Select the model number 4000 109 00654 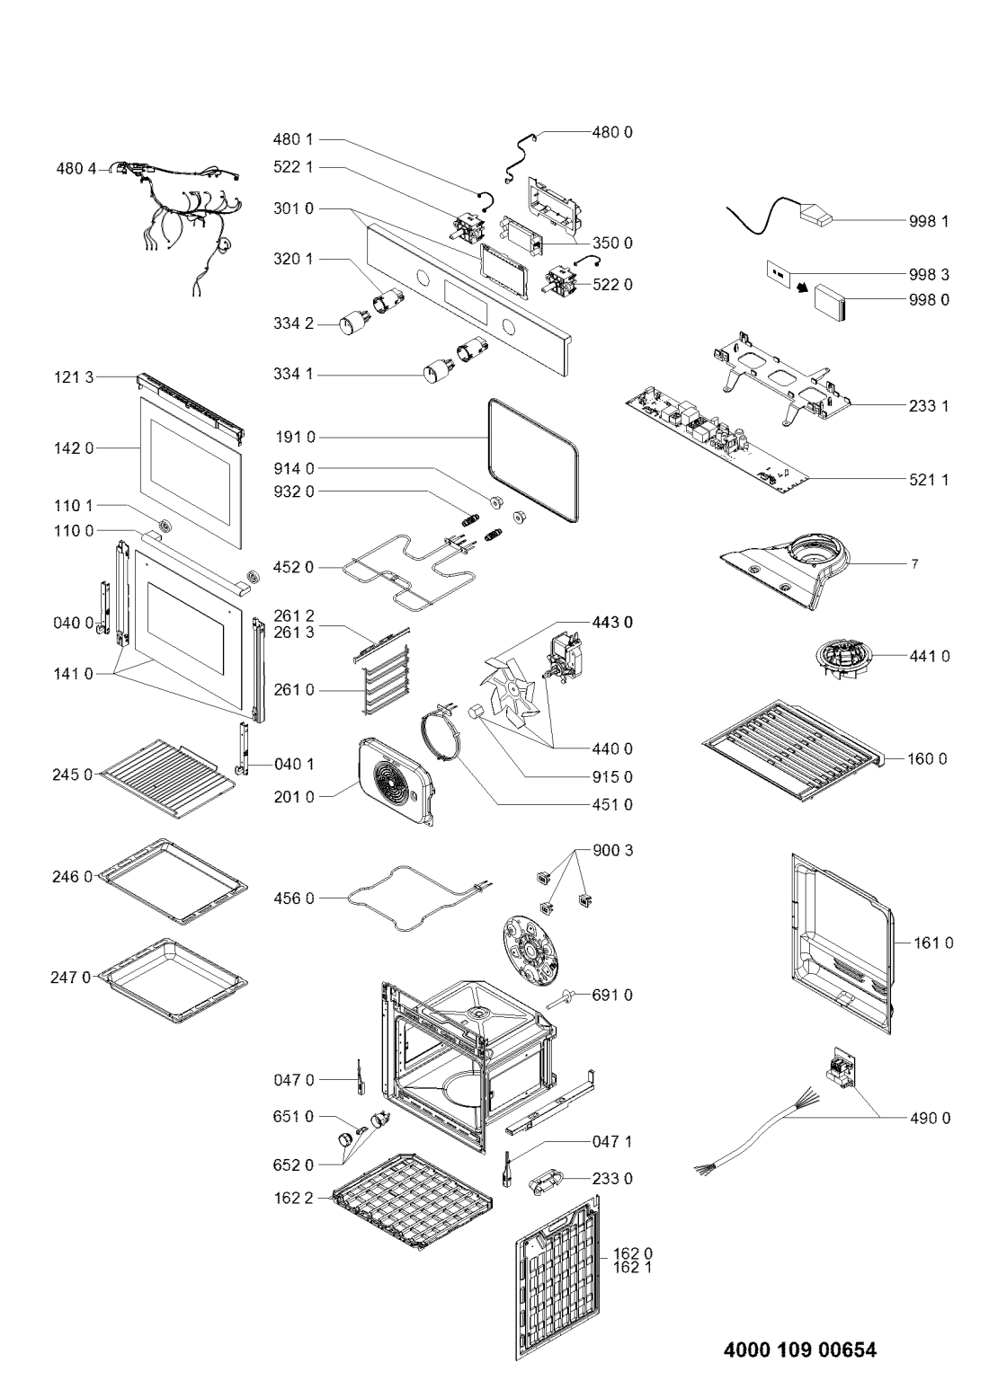tap(799, 1350)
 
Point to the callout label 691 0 tap(613, 995)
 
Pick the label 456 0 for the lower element tap(294, 898)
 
